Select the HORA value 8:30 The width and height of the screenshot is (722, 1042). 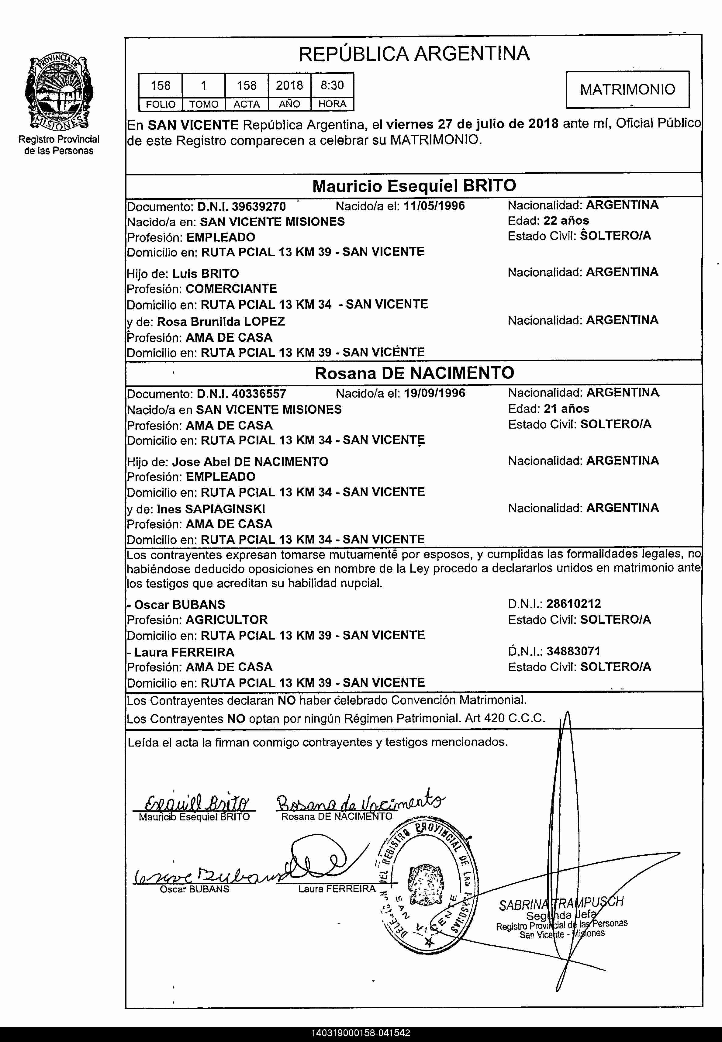(332, 85)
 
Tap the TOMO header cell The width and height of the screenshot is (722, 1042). (204, 104)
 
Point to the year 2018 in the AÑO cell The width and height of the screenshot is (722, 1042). (289, 85)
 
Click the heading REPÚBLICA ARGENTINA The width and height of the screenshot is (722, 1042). (413, 54)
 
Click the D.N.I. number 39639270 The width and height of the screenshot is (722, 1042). (259, 207)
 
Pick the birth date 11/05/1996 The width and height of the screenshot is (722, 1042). (434, 206)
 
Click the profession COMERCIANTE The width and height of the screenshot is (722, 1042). (231, 288)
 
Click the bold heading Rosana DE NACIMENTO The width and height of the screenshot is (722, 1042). (414, 373)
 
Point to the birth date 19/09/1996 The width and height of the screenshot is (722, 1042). (434, 393)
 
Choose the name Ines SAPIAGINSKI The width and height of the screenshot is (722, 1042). (211, 509)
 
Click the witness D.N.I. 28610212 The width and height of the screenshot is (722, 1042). (574, 604)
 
